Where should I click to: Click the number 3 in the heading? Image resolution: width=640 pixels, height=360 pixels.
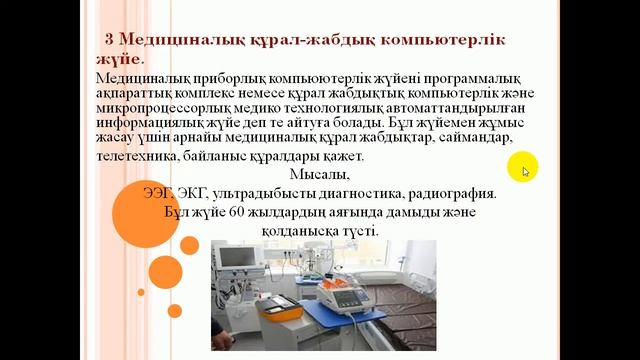click(110, 39)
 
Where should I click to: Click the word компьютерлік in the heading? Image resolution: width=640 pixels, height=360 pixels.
click(429, 40)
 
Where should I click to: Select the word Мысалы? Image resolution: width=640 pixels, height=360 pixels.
click(308, 175)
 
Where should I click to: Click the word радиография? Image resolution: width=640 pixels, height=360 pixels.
click(445, 194)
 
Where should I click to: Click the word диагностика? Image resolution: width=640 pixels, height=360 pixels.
click(348, 194)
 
